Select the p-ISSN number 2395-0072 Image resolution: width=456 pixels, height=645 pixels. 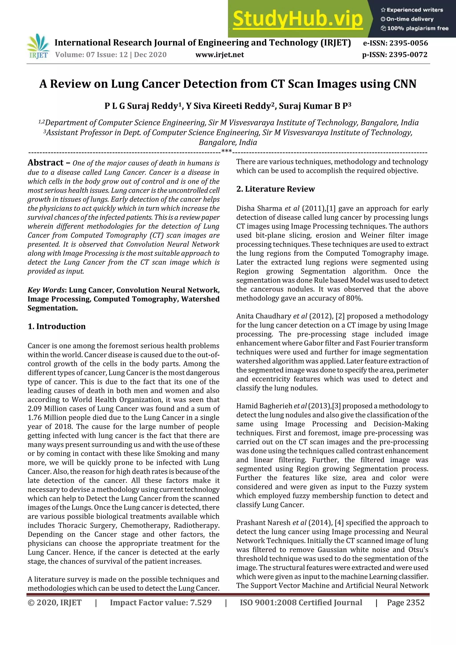click(x=408, y=55)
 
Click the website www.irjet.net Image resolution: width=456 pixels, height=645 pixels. click(x=220, y=55)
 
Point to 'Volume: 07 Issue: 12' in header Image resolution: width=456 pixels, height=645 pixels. click(x=91, y=55)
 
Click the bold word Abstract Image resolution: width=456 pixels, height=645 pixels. click(x=45, y=163)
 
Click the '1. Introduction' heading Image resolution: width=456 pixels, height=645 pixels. click(x=57, y=326)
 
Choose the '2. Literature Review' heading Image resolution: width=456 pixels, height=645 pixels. click(x=275, y=189)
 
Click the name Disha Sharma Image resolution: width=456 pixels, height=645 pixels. click(x=259, y=208)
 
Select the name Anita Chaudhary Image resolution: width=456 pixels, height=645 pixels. click(x=263, y=316)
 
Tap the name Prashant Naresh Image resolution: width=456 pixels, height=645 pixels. click(x=263, y=523)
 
